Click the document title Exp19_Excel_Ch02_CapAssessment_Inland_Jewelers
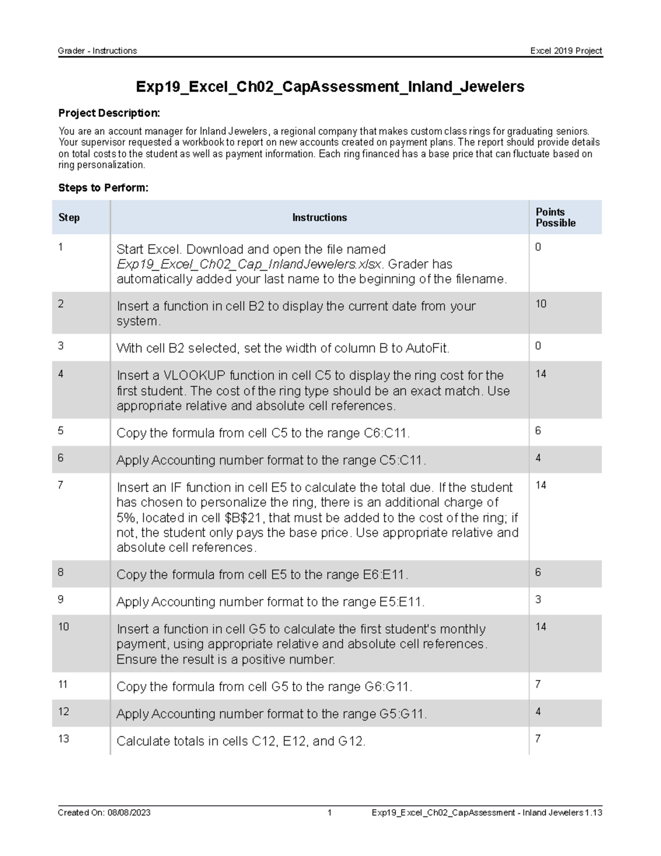tap(329, 87)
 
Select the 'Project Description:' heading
tap(109, 113)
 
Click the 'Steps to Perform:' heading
tap(103, 188)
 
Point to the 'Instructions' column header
tap(319, 217)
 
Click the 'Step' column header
tap(69, 217)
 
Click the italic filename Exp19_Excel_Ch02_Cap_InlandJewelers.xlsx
tap(248, 264)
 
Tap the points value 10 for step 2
tap(540, 304)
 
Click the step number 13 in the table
tap(63, 739)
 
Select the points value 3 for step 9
tap(538, 599)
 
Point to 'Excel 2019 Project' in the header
tap(566, 51)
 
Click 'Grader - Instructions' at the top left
tap(97, 51)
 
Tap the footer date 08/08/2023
tap(129, 812)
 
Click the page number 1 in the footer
tap(329, 812)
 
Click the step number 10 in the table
tap(63, 627)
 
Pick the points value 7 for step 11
tap(538, 684)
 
